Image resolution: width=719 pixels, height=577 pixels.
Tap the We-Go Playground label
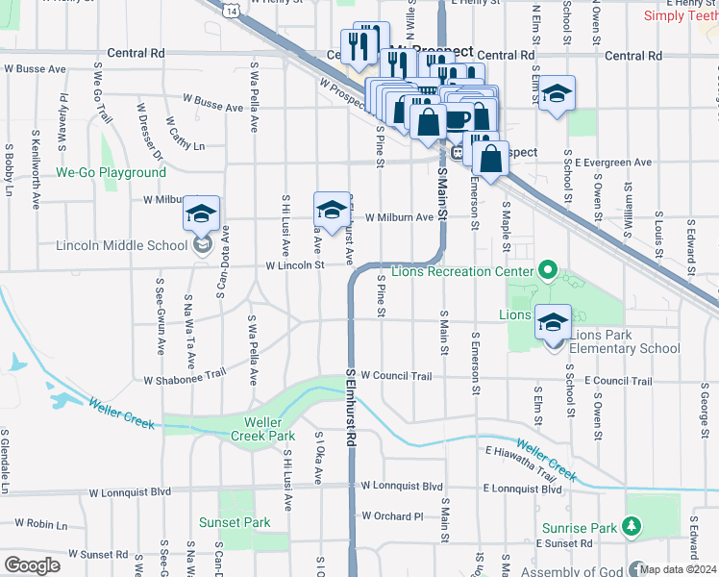point(111,173)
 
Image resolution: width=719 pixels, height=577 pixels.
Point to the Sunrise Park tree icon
point(632,526)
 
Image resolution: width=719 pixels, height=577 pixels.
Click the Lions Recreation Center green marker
point(548,271)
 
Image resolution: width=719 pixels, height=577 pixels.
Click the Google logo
point(32,564)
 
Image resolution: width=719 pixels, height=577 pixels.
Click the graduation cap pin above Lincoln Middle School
point(201,213)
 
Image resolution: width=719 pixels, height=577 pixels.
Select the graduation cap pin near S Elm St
point(556,94)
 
